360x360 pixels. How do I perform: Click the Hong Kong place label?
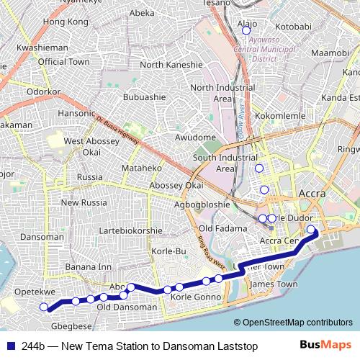point(66,22)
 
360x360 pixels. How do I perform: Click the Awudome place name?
point(196,137)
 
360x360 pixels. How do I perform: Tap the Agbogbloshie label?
point(202,204)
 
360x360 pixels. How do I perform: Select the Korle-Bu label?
point(170,251)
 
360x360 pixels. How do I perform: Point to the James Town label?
point(273,284)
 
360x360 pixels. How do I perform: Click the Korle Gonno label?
point(195,297)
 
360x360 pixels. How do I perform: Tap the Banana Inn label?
point(89,267)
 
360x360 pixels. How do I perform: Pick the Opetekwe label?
point(35,292)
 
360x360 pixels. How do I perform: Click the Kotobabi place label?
point(293,27)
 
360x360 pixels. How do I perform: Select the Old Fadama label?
point(222,228)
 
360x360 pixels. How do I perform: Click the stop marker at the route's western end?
point(43,307)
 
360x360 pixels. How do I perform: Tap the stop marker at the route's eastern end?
point(311,230)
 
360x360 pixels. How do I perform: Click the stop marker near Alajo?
point(246,31)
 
